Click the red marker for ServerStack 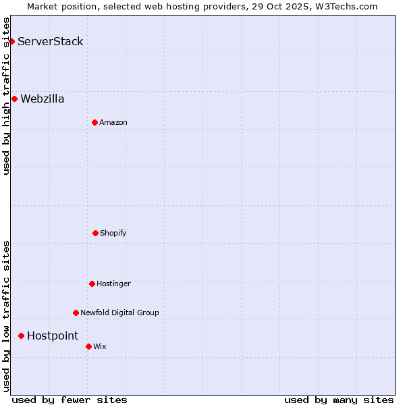pos(11,42)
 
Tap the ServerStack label pos(51,42)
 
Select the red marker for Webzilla pos(14,99)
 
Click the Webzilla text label pos(43,99)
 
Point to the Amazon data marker pos(94,122)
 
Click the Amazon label pos(113,122)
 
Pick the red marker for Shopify pos(95,233)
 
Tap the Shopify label pos(113,233)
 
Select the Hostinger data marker pos(92,283)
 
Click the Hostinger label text pos(113,283)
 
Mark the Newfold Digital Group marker pos(76,313)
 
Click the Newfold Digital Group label pos(119,313)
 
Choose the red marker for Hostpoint pos(21,335)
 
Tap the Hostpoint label pos(53,335)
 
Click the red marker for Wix pos(88,346)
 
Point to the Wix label pos(100,346)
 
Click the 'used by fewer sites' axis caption pos(70,400)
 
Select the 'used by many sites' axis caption pos(339,400)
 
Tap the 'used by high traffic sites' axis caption pos(6,96)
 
